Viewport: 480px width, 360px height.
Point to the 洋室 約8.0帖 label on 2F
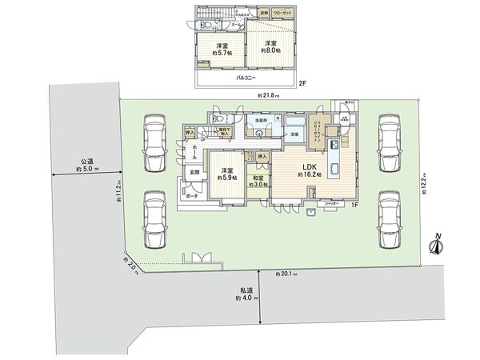click(x=268, y=47)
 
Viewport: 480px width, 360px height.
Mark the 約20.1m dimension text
click(x=285, y=274)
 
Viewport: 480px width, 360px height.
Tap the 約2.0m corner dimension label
click(x=130, y=265)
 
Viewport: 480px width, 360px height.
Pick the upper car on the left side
click(x=154, y=142)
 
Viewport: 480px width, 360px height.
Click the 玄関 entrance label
click(x=194, y=172)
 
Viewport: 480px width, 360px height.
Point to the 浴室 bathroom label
click(x=293, y=134)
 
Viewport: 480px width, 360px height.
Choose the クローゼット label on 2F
click(x=282, y=14)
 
